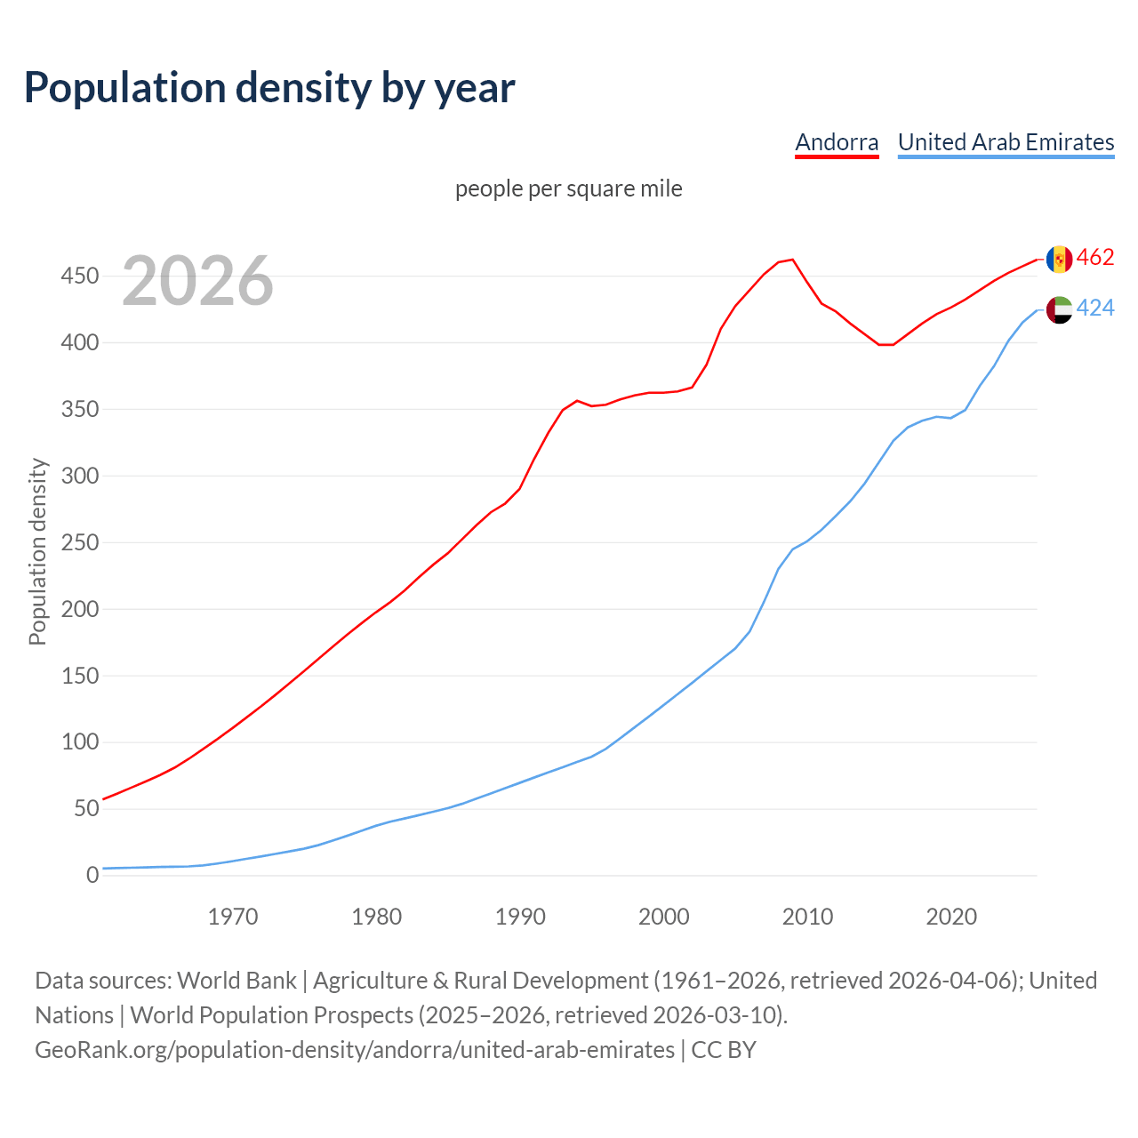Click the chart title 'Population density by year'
click(269, 87)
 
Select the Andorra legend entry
click(837, 142)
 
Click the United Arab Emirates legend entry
click(1006, 142)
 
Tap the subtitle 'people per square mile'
click(568, 188)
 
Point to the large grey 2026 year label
click(197, 281)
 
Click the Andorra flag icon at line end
click(1059, 259)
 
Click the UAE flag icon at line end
click(1059, 309)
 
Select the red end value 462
click(1095, 258)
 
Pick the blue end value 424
click(1095, 309)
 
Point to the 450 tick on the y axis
click(79, 276)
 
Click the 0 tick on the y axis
click(92, 876)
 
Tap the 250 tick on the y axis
click(79, 542)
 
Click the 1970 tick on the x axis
click(233, 917)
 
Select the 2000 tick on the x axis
click(664, 917)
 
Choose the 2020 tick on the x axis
click(951, 917)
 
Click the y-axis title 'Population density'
click(37, 551)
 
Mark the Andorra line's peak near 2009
click(792, 260)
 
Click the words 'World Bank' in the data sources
click(236, 981)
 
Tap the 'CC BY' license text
click(724, 1050)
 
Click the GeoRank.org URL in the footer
click(355, 1050)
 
